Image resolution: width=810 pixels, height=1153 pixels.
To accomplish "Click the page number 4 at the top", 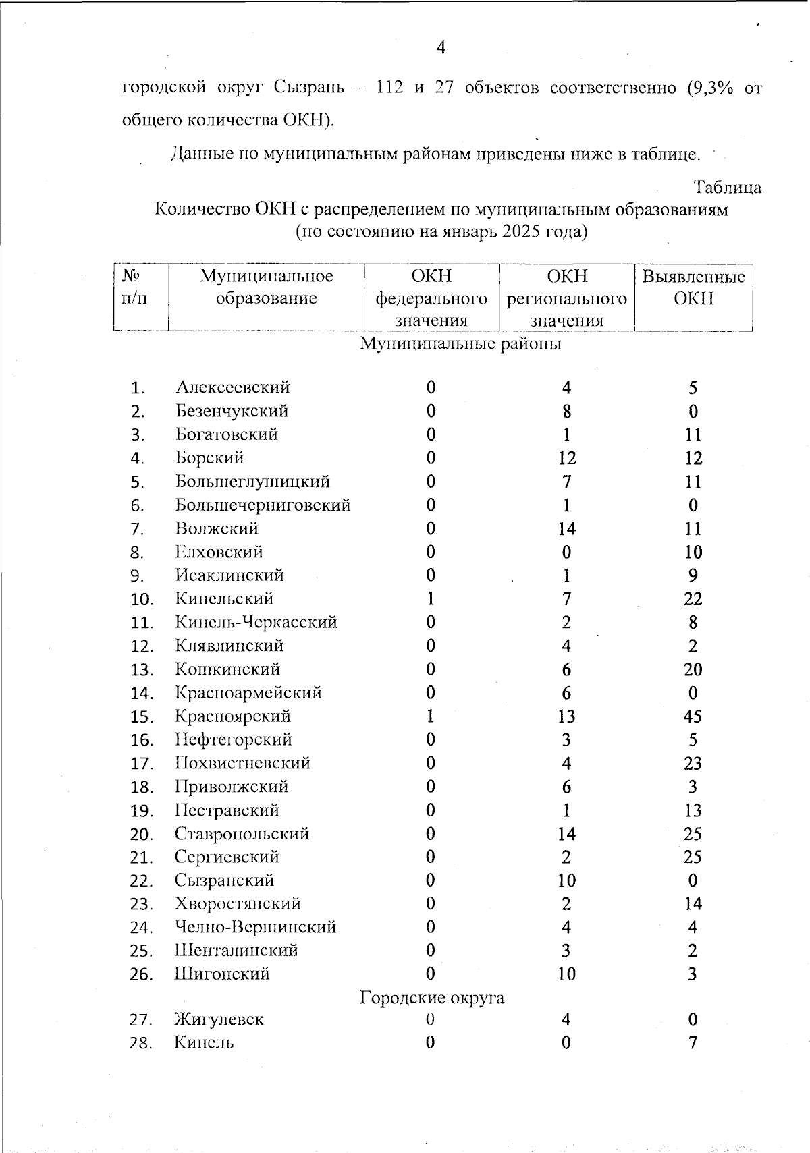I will [x=441, y=47].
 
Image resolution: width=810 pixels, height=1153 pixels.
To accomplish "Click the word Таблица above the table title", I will [x=728, y=187].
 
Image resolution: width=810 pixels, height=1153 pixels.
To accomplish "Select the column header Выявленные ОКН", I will [x=693, y=287].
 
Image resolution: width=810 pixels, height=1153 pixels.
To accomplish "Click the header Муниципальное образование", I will [x=266, y=287].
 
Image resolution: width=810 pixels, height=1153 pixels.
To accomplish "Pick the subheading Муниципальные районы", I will [x=460, y=343].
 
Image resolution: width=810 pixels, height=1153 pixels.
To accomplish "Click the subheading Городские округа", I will [x=432, y=997].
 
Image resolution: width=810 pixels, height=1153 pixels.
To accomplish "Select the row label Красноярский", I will [x=233, y=716].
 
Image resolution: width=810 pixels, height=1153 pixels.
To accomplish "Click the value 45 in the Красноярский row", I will [x=693, y=716].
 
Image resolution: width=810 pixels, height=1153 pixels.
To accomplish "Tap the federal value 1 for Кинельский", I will [x=431, y=599].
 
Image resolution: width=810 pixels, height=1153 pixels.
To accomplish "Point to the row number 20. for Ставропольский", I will [x=142, y=835].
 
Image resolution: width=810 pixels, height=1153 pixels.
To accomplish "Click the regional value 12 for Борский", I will [x=566, y=459].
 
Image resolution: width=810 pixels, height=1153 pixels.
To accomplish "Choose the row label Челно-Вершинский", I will [x=255, y=927].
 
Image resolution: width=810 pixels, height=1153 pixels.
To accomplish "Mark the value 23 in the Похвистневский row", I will [x=693, y=764].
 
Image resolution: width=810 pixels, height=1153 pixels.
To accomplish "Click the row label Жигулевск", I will [x=219, y=1019].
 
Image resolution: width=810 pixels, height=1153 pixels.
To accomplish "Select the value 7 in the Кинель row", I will [x=693, y=1043].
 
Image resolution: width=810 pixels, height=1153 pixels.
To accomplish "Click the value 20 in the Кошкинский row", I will [x=693, y=670].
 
